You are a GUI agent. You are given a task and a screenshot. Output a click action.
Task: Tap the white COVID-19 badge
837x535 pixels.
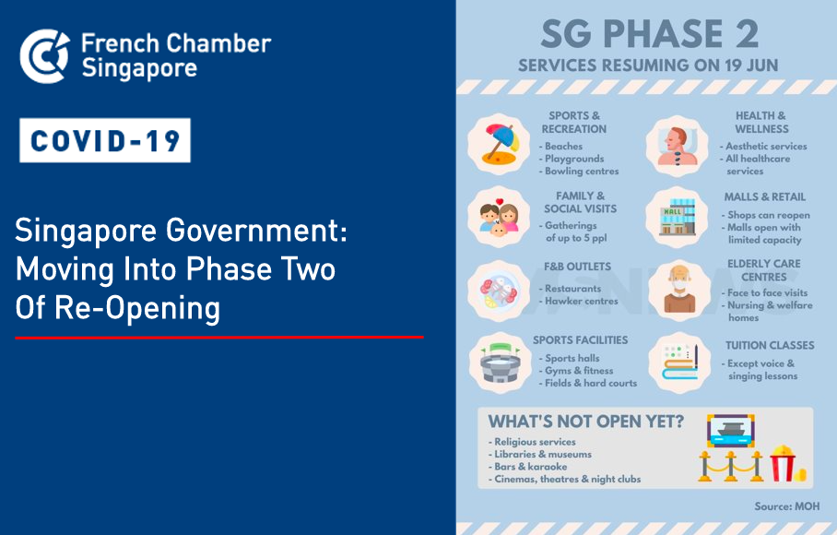(x=105, y=140)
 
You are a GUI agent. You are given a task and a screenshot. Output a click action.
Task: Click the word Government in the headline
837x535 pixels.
(x=256, y=232)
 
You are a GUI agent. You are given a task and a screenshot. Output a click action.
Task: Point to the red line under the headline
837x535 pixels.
(x=219, y=337)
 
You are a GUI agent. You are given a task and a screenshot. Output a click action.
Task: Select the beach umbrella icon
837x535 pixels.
(x=499, y=144)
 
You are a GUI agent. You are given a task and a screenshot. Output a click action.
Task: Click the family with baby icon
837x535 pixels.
(x=499, y=218)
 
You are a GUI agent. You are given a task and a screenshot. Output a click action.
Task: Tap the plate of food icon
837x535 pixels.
(x=499, y=291)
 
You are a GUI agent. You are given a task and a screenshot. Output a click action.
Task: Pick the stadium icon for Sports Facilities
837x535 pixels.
(x=501, y=363)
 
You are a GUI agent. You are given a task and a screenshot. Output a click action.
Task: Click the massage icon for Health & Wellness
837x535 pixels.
(x=677, y=146)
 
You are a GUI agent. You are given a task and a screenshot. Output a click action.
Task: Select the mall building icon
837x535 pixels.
(x=678, y=217)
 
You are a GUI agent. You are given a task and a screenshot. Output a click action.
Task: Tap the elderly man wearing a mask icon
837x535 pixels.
(x=679, y=289)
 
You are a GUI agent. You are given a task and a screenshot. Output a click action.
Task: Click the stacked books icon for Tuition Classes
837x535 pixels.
(x=679, y=363)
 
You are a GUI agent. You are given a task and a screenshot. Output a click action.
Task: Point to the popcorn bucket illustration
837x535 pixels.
(x=785, y=463)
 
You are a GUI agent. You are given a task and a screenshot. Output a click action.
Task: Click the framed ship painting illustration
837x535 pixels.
(x=730, y=431)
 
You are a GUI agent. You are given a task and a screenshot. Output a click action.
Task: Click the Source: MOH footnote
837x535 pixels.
(x=787, y=506)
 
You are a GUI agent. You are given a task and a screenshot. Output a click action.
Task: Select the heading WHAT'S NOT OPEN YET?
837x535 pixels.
(x=585, y=422)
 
